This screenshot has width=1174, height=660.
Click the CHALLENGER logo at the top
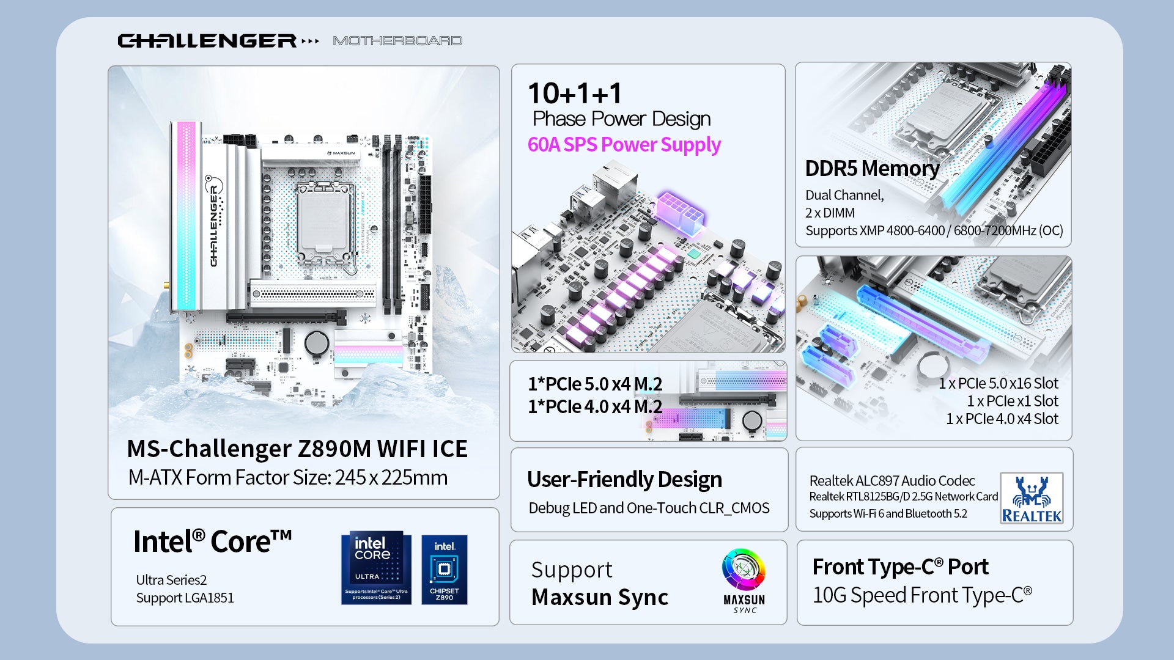[208, 40]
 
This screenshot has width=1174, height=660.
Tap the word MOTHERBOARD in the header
[397, 40]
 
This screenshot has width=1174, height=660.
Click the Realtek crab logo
[1032, 498]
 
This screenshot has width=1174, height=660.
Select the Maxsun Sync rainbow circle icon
[744, 570]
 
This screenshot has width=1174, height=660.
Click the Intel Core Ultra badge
[376, 568]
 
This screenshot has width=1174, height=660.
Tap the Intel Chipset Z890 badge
[445, 570]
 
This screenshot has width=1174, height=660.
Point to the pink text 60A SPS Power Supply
[624, 145]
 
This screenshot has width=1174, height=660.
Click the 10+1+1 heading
[575, 94]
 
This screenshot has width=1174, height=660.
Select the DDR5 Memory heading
[872, 168]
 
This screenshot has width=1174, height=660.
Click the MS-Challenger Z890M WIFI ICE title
[297, 449]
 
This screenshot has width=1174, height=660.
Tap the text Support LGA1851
[185, 598]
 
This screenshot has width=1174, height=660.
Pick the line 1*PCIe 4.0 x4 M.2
[595, 406]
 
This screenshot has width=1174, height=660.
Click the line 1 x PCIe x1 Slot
[1013, 401]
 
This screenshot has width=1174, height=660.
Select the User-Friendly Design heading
[624, 480]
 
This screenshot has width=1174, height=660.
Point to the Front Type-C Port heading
[900, 567]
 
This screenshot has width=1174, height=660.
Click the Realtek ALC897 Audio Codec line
[892, 481]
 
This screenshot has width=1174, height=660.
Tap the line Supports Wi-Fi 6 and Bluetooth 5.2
[888, 513]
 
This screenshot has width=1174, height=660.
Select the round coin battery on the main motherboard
[317, 343]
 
